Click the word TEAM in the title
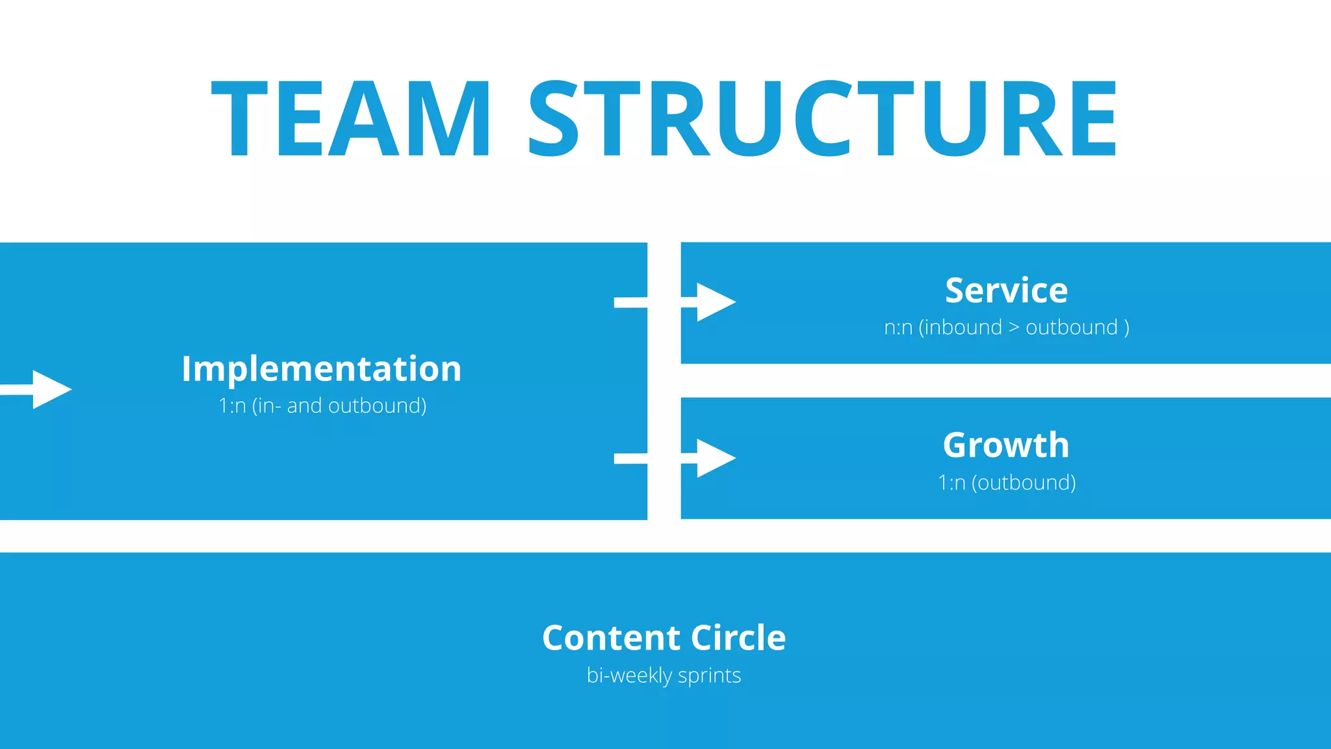click(351, 119)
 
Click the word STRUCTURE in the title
click(822, 119)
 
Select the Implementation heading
click(321, 369)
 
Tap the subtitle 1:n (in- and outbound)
click(322, 406)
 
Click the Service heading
click(1006, 291)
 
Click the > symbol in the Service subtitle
click(1014, 328)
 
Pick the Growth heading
click(1006, 445)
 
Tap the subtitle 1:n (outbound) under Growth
click(1007, 482)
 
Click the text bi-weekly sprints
click(664, 676)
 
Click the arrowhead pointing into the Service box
click(715, 302)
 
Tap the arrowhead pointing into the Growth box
click(715, 458)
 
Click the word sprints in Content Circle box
click(709, 676)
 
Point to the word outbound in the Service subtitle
click(1071, 327)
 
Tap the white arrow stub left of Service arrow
click(630, 302)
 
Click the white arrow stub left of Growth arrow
click(630, 459)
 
